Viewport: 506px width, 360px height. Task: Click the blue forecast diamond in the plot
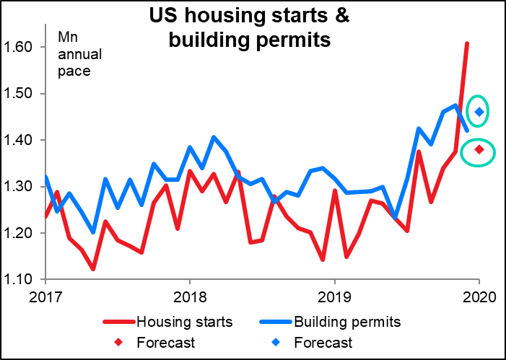(478, 112)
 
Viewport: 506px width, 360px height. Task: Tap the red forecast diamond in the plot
(478, 149)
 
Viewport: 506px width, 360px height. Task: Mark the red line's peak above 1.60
(466, 44)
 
